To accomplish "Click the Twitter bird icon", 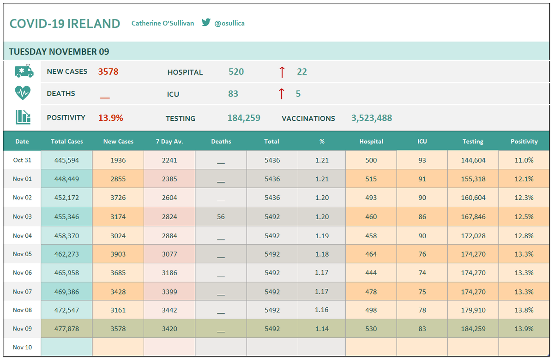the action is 206,22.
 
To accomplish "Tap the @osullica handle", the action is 229,23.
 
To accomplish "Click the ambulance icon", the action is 24,71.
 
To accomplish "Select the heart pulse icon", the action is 23,93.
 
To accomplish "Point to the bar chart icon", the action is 23,117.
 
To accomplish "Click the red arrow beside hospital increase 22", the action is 282,72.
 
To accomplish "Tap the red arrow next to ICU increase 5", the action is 282,94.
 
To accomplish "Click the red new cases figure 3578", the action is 108,72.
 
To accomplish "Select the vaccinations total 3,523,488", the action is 372,118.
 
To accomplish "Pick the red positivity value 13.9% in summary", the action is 110,118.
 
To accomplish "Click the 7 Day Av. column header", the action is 169,141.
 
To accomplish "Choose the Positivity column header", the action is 524,141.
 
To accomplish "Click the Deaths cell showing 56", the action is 221,216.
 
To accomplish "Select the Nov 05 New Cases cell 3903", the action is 118,254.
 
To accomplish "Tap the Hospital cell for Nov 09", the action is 371,329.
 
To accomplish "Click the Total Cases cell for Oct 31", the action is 66,160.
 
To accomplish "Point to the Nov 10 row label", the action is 22,347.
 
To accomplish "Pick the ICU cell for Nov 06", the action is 422,273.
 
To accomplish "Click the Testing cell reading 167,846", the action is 473,216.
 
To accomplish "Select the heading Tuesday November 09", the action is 59,52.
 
